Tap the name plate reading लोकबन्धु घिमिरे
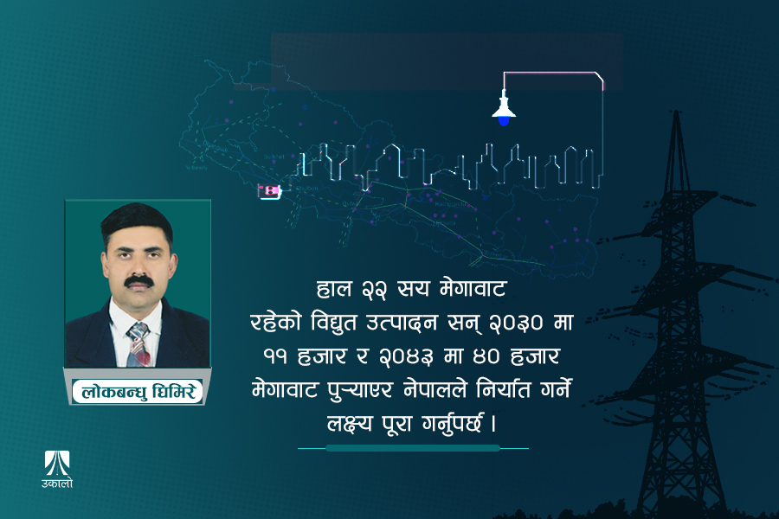[x=138, y=391]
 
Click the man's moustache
[x=138, y=282]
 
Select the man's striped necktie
[x=138, y=343]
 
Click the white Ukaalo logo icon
[x=59, y=462]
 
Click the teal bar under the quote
[x=413, y=448]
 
